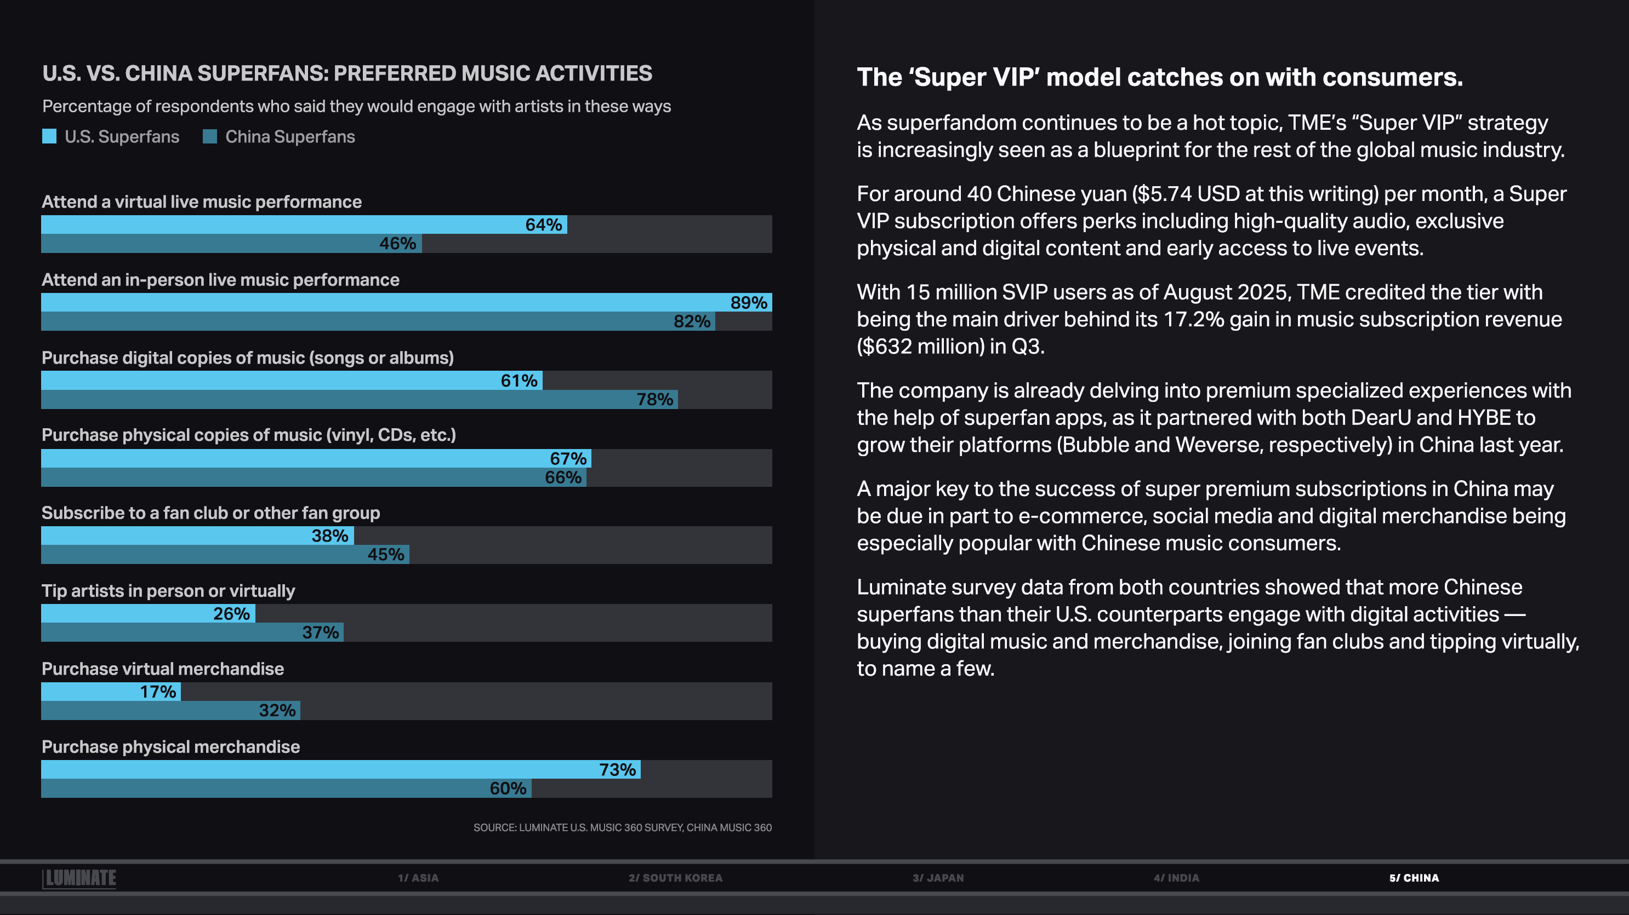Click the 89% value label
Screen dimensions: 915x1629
tap(748, 303)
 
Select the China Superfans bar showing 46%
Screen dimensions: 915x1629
tap(231, 244)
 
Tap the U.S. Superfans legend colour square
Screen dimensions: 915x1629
tap(49, 136)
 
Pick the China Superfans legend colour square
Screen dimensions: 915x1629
tap(210, 136)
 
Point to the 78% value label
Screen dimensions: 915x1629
tap(654, 399)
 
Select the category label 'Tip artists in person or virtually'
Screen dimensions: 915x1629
tap(168, 591)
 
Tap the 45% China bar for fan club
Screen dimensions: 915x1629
tap(225, 555)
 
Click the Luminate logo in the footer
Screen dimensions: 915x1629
tap(79, 878)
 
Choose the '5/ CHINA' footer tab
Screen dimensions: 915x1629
tap(1414, 878)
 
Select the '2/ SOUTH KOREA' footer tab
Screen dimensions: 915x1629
tap(675, 878)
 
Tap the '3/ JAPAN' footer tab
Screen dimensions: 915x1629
tap(938, 878)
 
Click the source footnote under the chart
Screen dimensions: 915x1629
tap(622, 828)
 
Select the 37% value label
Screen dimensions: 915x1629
tap(320, 632)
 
